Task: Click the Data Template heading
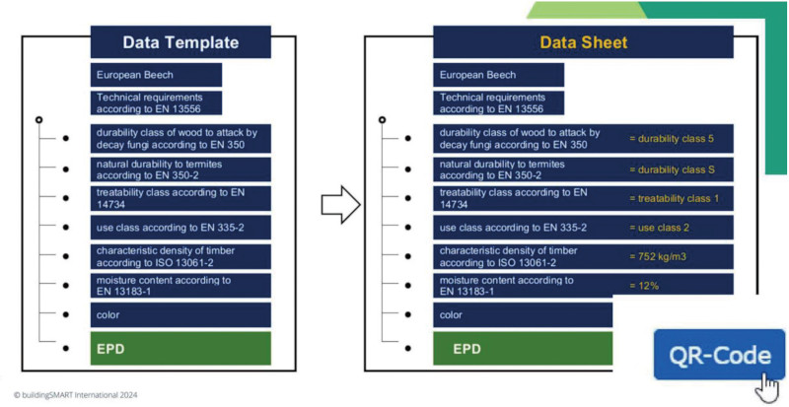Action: coord(180,42)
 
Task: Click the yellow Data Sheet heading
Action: coord(583,42)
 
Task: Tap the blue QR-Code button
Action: coord(719,354)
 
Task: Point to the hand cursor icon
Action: coord(767,386)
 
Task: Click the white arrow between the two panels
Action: coord(340,204)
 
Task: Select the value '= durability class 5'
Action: coord(672,138)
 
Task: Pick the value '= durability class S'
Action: coord(672,170)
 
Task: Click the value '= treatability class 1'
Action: coord(674,198)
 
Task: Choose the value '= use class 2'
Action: coord(659,228)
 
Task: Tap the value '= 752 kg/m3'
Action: coord(658,256)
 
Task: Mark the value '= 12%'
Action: coord(644,286)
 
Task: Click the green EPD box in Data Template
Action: coord(180,348)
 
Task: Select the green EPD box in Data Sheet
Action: coord(523,348)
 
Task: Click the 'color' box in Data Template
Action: coord(180,315)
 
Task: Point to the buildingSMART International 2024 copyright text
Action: coord(76,395)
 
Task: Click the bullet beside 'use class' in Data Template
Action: coord(65,228)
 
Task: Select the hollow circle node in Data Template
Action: coord(39,120)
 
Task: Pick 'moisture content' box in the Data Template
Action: coord(180,286)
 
